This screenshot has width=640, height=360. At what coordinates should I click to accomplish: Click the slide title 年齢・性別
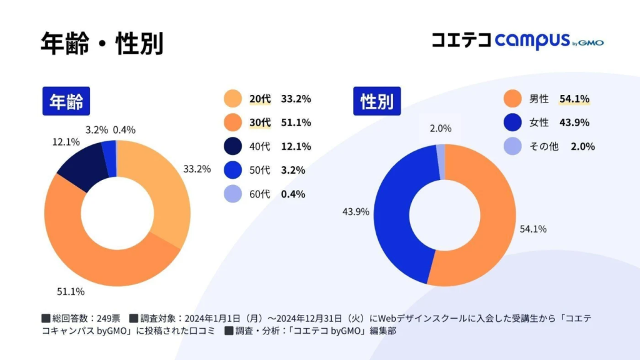[102, 43]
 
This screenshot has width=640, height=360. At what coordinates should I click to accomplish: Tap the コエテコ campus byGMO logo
[517, 41]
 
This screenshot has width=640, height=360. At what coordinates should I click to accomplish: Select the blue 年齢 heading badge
[66, 101]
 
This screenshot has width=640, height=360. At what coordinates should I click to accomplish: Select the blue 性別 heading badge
[377, 101]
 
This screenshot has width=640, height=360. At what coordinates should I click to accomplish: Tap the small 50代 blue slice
[109, 151]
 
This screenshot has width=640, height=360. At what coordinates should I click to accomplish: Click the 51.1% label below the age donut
[71, 291]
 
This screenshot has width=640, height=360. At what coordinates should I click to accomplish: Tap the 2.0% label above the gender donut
[441, 128]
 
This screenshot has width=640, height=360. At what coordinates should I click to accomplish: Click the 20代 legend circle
[232, 99]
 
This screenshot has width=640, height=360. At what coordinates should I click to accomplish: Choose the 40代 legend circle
[232, 146]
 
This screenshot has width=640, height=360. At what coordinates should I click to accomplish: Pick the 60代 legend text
[260, 194]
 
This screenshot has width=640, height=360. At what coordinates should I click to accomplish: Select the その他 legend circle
[512, 146]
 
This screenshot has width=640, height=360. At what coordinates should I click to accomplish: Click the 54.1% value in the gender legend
[574, 99]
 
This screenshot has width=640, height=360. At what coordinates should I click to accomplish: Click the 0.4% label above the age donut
[124, 129]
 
